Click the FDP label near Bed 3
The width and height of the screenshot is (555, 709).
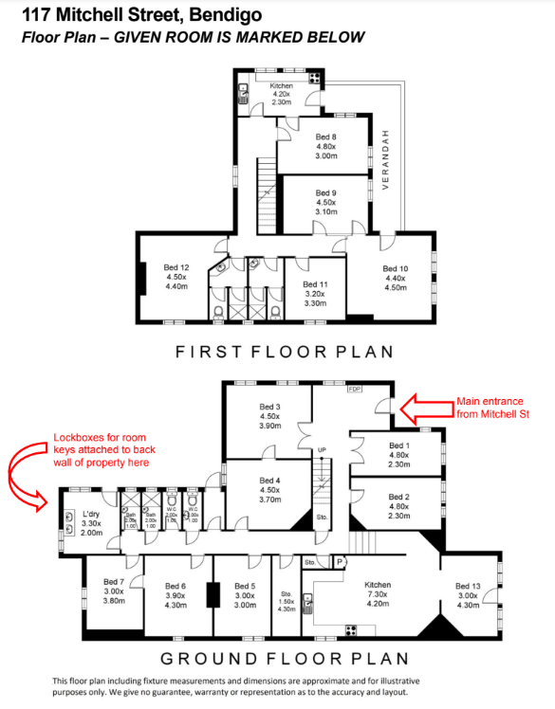(x=355, y=390)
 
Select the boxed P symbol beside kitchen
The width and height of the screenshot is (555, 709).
(x=340, y=562)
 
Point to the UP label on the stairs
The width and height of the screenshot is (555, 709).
(x=322, y=449)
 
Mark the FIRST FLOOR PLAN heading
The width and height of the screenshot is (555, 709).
(x=285, y=352)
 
